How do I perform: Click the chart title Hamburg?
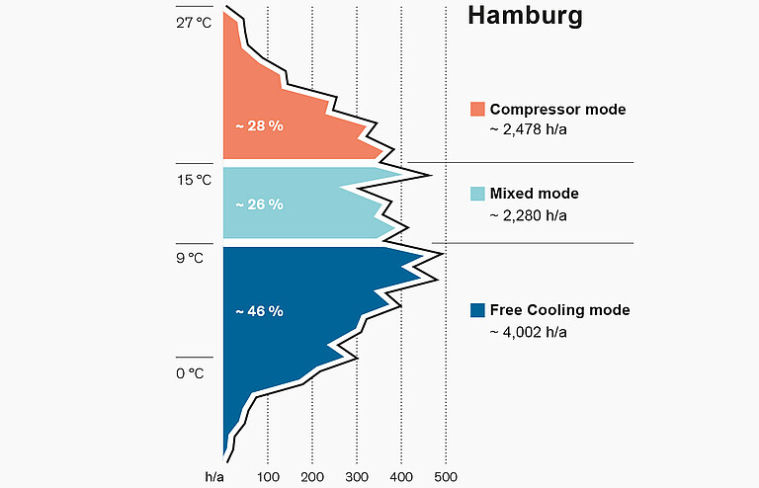524,17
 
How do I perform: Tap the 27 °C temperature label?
195,23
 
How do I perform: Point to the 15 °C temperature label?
195,180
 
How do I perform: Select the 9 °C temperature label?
190,259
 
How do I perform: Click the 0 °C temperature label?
190,373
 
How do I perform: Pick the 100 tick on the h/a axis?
269,477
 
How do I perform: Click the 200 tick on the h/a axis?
313,477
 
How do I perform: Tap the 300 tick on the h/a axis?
358,477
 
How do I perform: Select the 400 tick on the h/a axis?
402,477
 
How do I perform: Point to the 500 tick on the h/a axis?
447,477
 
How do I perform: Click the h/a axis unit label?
214,477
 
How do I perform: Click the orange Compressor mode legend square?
477,109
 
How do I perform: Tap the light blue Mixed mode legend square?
477,194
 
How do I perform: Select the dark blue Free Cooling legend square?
477,310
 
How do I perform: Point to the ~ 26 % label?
259,204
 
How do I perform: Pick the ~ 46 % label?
259,311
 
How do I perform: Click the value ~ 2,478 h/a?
529,129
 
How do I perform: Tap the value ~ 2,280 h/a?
529,214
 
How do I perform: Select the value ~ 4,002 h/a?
529,331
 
